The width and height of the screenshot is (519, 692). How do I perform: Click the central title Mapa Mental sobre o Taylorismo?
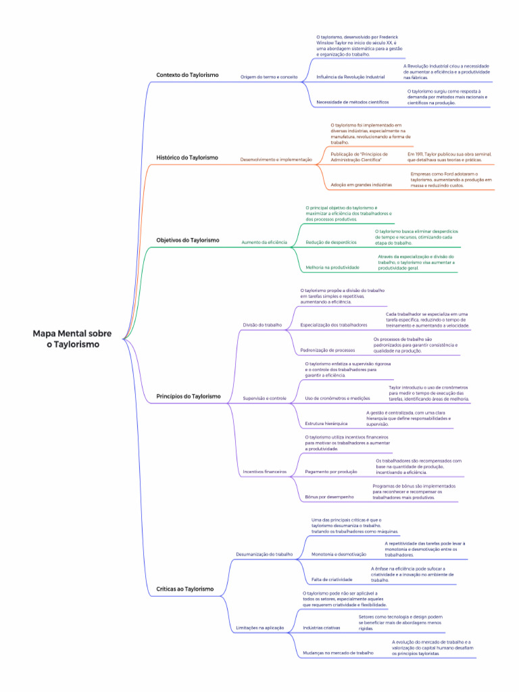coord(72,339)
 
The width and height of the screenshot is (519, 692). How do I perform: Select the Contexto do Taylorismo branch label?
coord(187,75)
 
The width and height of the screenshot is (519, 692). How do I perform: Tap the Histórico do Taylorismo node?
coord(187,157)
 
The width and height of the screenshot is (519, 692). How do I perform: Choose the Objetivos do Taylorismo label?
coord(188,240)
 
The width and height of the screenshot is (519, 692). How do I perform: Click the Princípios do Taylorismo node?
coord(188,396)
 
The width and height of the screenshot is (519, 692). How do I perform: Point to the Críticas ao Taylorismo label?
coord(184,589)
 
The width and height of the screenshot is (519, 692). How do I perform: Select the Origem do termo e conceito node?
coord(269,77)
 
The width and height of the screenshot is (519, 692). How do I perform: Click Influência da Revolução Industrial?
coord(350,77)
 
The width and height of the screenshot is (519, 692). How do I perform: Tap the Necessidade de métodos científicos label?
coord(352,102)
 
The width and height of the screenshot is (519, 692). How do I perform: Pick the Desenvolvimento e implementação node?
coord(276,159)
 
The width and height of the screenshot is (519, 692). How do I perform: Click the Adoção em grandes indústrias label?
coord(361,184)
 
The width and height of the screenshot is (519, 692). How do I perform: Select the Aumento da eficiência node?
coord(264,242)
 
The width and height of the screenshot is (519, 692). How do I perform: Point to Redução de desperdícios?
coord(331,242)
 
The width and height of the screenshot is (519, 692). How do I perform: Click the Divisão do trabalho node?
coord(262,325)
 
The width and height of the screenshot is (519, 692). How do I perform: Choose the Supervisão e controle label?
coord(264,399)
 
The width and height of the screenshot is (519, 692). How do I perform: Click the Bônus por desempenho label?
coord(329,497)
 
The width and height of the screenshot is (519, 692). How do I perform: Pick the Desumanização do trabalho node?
coord(264,554)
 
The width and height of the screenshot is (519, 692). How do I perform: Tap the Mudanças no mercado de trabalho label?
coord(338,653)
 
